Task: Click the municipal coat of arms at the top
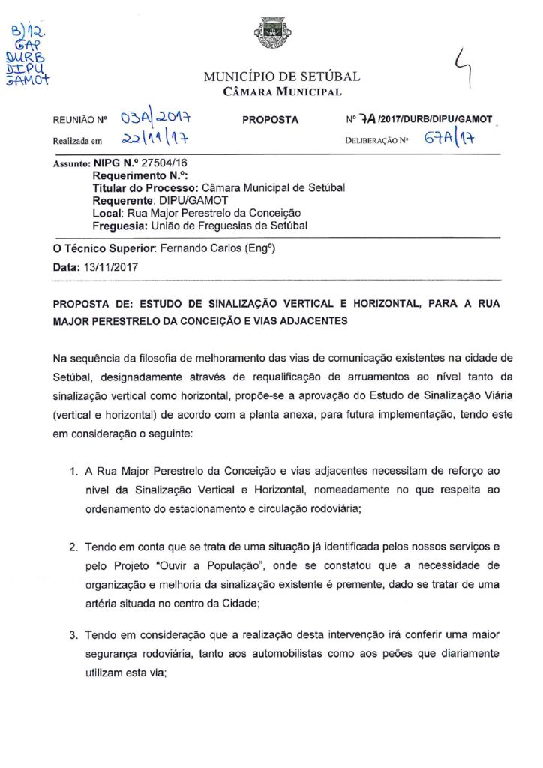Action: (x=273, y=35)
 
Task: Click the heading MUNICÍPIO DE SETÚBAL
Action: (x=281, y=76)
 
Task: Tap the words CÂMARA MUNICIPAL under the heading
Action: (x=283, y=92)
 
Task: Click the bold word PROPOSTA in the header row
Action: (x=271, y=120)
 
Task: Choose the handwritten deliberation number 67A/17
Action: (x=451, y=138)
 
